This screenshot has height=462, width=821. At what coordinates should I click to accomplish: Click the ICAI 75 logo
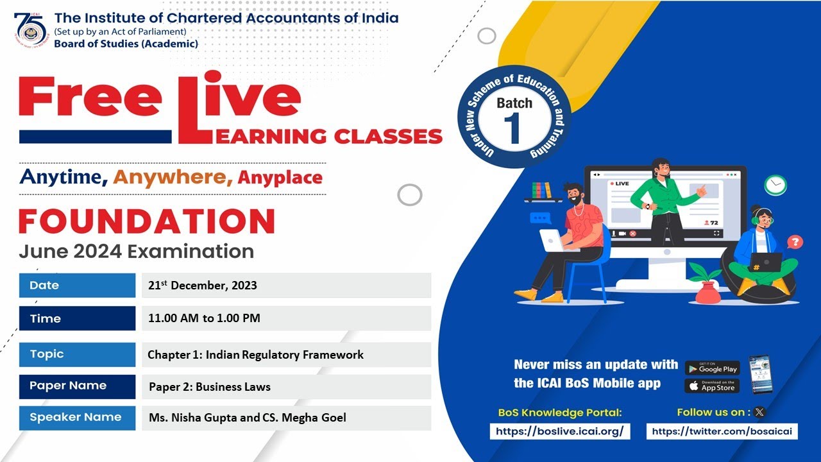coord(31,29)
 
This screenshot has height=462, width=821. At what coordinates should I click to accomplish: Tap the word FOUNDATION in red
coord(146,221)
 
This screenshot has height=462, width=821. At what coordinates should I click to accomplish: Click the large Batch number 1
coord(513,128)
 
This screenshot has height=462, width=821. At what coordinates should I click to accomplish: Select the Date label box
coord(77,286)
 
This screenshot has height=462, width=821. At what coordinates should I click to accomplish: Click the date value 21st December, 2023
coord(203,286)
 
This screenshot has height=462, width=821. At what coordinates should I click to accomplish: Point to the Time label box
coord(77,318)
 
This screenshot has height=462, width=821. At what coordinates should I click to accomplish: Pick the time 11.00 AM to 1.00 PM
coord(204,318)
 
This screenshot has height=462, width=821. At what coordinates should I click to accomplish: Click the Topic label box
coord(77,354)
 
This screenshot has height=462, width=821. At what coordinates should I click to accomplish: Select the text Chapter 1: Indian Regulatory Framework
coord(255,355)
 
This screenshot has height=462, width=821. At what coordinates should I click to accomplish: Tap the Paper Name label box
coord(77,386)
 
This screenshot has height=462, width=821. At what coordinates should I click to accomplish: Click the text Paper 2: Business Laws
coord(210,387)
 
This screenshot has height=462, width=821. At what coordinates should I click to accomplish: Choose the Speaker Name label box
coord(77,417)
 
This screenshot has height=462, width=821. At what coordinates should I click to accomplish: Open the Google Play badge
coord(712,368)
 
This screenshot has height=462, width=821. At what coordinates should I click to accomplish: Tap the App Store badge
coord(712,386)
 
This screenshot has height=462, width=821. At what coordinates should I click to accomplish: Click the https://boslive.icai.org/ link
coord(560,432)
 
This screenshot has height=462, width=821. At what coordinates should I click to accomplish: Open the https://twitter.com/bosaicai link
coord(722,432)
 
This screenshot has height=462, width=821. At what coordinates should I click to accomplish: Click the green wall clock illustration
coord(775,185)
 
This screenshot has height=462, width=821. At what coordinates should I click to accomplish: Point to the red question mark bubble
coord(795,242)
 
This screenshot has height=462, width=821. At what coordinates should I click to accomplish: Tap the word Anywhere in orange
coord(173,177)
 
